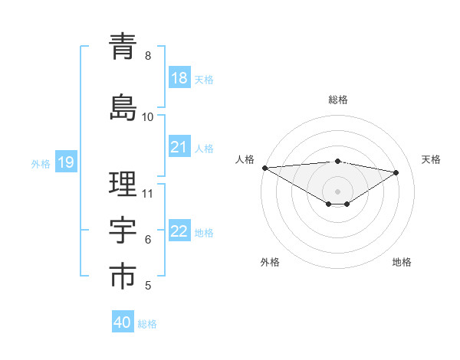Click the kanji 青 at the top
point(123,47)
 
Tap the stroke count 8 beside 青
point(147,56)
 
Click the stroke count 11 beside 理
point(149,193)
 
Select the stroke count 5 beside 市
point(147,286)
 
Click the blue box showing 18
point(179,78)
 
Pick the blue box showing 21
point(179,147)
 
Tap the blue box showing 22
point(179,231)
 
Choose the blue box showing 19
point(65,162)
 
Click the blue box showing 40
point(123,322)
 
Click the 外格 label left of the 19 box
point(41,163)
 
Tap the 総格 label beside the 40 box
point(147,324)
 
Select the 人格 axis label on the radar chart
point(245,159)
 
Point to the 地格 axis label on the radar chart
point(402,262)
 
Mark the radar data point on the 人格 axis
point(264,168)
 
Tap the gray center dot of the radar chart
point(337,191)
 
